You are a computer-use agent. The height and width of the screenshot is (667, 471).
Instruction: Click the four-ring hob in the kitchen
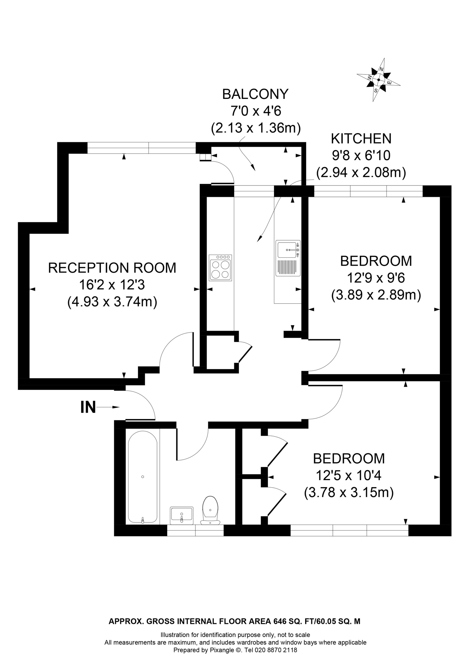coord(220,268)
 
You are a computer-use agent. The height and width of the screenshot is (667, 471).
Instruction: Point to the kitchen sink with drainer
coord(288,259)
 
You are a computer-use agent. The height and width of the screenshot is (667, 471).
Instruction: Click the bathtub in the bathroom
coord(143,477)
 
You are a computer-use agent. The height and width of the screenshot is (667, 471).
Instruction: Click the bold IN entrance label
coord(88,407)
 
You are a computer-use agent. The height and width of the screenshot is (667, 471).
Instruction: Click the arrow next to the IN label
coord(108,407)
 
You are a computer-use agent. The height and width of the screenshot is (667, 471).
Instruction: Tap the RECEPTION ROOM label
coord(112,268)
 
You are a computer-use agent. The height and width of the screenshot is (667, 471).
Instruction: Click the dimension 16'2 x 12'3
coord(112,285)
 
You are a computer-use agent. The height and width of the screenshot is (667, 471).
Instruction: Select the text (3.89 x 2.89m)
coord(376,295)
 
